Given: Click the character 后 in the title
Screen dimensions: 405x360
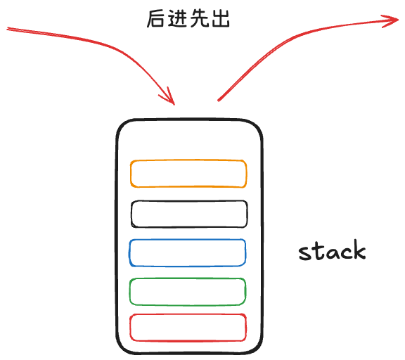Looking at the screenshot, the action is [x=156, y=18].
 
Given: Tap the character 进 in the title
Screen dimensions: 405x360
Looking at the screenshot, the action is [x=177, y=18].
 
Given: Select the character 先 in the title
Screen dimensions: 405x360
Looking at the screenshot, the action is [x=198, y=18].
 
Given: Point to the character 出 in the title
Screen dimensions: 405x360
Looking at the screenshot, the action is [x=221, y=18].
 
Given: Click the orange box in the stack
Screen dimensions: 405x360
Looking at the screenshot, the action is [x=188, y=160].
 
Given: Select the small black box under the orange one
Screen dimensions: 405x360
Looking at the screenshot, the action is [x=189, y=201].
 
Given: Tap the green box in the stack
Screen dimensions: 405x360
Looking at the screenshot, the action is [x=188, y=279].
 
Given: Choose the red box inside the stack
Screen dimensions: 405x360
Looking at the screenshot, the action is [x=188, y=314].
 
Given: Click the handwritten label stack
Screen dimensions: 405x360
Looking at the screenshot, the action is [x=332, y=250].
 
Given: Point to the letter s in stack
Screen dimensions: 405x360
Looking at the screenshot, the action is [x=304, y=253].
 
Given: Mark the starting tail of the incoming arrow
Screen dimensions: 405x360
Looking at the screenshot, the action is [x=7, y=28].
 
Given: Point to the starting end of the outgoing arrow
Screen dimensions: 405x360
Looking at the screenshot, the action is [x=219, y=101].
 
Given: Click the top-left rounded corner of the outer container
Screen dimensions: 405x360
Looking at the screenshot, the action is [x=122, y=125].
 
